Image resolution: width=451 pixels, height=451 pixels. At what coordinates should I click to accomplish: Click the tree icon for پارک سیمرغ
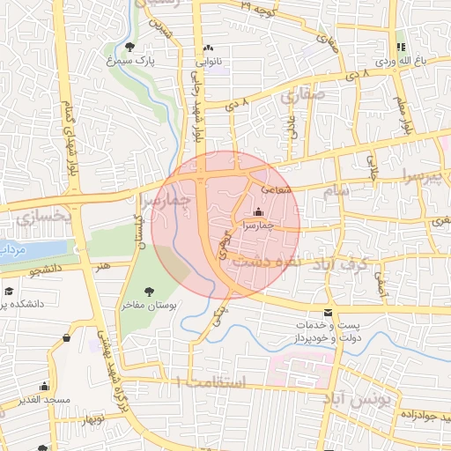tap(130, 47)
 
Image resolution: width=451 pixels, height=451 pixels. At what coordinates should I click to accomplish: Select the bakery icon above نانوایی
tap(208, 48)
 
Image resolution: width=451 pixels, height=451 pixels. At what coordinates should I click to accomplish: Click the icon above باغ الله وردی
tap(401, 47)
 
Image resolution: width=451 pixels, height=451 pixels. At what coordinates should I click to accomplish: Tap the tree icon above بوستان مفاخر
tap(148, 291)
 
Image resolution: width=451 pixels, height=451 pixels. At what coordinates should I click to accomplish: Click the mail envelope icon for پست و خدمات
tap(329, 313)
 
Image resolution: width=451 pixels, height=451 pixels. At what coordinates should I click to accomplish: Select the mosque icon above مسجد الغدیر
tap(44, 386)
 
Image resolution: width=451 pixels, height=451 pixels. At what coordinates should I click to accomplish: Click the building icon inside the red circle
tap(258, 211)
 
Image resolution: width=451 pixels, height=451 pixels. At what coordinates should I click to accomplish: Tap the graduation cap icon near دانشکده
tap(9, 291)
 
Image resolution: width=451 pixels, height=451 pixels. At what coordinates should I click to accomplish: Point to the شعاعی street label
tap(272, 188)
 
